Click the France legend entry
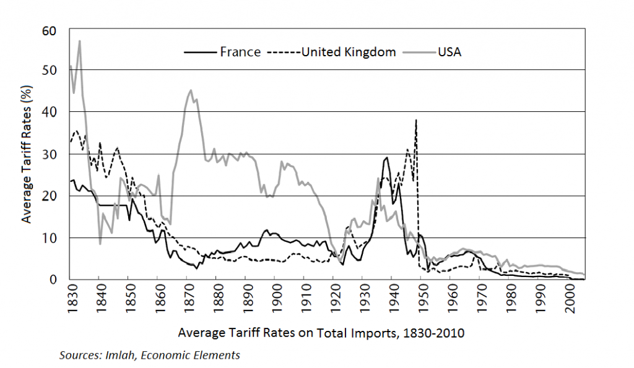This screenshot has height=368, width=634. point(240,52)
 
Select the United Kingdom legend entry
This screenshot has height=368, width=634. point(348,52)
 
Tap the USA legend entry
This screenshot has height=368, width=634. point(449,52)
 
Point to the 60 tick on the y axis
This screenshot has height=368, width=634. point(50,29)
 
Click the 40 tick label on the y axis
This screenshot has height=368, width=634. point(50,112)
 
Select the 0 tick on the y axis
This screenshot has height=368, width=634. point(53,280)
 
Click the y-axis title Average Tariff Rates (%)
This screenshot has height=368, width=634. point(27,155)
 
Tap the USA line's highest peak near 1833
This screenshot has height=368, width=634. point(80,41)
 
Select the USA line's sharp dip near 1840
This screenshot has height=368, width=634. point(100,244)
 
